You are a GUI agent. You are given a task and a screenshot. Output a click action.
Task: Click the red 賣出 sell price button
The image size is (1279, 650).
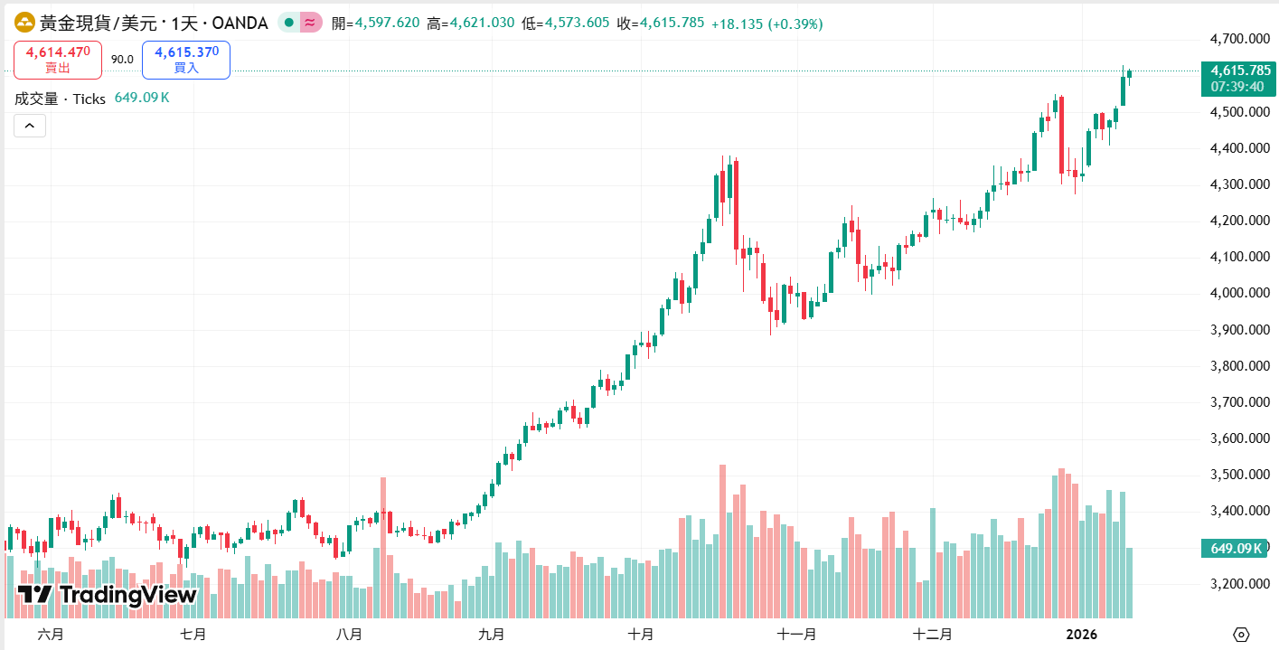[58, 60]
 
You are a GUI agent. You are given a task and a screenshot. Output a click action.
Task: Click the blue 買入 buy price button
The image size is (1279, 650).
[186, 60]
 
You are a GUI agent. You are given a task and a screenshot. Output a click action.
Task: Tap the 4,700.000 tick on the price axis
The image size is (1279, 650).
[1240, 39]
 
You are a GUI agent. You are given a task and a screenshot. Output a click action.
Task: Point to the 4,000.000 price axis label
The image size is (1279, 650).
[1240, 293]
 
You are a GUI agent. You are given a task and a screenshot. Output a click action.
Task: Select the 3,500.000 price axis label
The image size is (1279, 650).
[1240, 475]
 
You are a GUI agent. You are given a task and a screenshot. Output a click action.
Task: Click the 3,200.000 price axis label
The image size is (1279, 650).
[1240, 584]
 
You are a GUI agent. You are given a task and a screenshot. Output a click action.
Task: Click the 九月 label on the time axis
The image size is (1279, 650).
[492, 635]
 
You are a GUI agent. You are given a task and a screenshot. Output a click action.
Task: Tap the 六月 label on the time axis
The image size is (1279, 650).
[51, 635]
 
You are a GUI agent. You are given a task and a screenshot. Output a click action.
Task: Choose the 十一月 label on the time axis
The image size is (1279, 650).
[796, 635]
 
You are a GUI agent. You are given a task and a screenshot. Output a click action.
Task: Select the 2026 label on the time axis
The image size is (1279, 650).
[1080, 635]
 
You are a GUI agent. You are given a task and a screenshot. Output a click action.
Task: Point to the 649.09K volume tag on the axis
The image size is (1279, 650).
[1236, 548]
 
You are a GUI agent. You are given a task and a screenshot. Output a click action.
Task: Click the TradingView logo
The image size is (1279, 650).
[107, 595]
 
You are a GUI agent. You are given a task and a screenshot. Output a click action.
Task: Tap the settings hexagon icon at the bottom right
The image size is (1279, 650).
[1241, 634]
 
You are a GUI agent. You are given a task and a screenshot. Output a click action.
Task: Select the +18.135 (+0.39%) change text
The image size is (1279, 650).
[766, 24]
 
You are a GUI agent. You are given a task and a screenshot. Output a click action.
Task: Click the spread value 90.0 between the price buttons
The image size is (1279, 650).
[122, 60]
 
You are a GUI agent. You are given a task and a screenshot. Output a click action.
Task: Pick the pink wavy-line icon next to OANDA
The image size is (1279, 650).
[311, 24]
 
